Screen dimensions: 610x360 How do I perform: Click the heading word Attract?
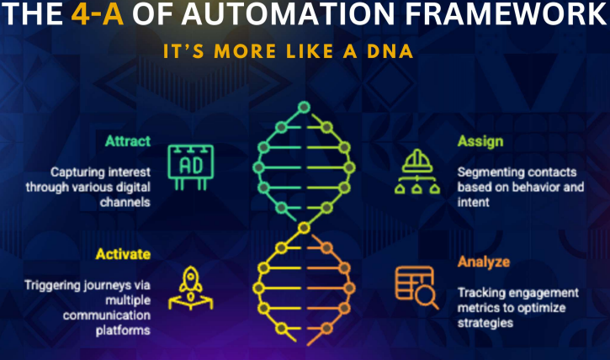128,140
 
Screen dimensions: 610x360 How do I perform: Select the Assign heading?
480,141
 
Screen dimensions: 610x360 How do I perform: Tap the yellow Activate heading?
124,254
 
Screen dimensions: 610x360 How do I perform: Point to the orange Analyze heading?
484,262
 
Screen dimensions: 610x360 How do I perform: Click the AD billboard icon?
191,167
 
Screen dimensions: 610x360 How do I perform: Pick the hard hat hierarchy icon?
417,172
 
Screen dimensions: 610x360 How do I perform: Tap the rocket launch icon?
191,288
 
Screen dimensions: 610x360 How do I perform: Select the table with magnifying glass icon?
416,288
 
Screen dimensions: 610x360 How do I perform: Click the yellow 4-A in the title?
98,14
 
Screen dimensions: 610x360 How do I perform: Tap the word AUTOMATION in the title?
288,14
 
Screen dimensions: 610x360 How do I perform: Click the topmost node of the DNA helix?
304,107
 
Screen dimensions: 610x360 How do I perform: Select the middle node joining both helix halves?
304,228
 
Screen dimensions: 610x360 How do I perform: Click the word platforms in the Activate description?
123,331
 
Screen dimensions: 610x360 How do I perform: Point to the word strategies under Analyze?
485,323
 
